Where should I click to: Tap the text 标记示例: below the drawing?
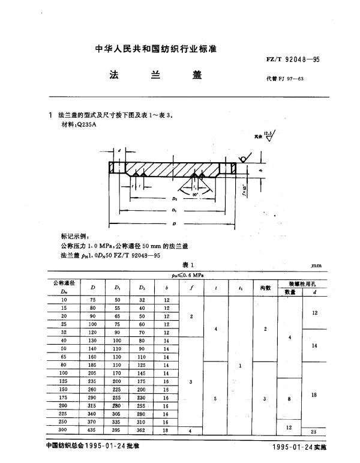pyautogui.click(x=75, y=238)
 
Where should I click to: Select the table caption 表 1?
pyautogui.click(x=188, y=264)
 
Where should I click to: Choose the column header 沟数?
pyautogui.click(x=265, y=288)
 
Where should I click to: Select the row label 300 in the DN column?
pyautogui.click(x=63, y=431)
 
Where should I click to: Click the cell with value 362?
pyautogui.click(x=142, y=431)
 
